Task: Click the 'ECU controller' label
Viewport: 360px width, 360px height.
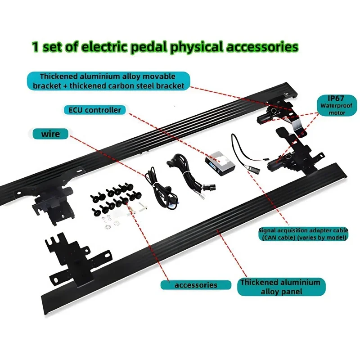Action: pyautogui.click(x=94, y=110)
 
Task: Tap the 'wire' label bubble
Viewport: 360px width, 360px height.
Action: pyautogui.click(x=50, y=134)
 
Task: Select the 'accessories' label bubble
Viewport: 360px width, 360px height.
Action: pyautogui.click(x=196, y=285)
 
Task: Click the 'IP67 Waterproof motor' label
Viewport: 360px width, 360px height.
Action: pyautogui.click(x=337, y=105)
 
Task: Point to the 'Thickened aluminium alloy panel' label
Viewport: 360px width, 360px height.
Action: pyautogui.click(x=281, y=287)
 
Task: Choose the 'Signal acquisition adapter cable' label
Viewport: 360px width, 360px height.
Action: pyautogui.click(x=303, y=234)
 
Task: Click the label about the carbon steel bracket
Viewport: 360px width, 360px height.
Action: pyautogui.click(x=108, y=81)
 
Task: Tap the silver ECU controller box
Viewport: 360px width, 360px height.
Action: pyautogui.click(x=220, y=163)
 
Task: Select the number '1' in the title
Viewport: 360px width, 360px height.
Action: pyautogui.click(x=35, y=47)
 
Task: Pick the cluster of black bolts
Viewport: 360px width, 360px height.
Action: pyautogui.click(x=116, y=198)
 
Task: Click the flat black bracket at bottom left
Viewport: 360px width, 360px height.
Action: pyautogui.click(x=78, y=259)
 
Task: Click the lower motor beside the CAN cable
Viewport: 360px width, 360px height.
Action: pyautogui.click(x=280, y=162)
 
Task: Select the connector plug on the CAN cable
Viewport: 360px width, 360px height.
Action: pyautogui.click(x=254, y=170)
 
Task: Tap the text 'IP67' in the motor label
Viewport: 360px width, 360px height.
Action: pyautogui.click(x=336, y=99)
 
